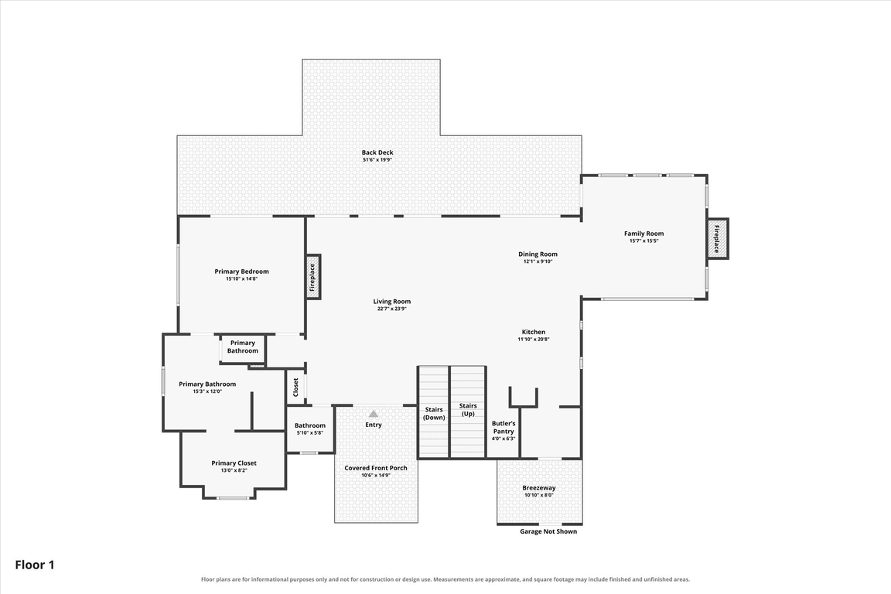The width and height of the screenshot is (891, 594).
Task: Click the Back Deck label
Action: point(377,152)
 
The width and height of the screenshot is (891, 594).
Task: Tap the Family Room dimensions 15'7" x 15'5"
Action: point(643,241)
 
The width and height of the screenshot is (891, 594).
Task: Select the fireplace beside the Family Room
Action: point(717,239)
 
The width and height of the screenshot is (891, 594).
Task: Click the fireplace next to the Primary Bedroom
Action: point(312,277)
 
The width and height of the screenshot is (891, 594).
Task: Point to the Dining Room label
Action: point(538,254)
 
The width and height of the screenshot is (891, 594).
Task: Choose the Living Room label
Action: point(392,302)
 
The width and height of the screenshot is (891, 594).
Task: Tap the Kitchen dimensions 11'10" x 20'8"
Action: point(534,340)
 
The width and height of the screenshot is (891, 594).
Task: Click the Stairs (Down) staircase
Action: point(434,412)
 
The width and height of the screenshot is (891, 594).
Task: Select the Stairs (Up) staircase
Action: point(468,412)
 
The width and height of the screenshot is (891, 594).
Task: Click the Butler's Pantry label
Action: point(504,428)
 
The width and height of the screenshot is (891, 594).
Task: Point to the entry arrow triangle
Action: point(374,414)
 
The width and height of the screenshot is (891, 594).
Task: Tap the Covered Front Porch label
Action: point(376,468)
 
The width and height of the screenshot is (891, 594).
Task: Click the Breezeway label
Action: point(539,488)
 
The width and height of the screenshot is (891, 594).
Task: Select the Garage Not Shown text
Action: point(548,531)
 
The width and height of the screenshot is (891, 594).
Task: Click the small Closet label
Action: point(295,387)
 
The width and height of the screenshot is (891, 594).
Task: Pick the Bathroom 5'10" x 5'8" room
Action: point(309,429)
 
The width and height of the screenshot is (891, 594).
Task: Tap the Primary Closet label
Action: point(234,463)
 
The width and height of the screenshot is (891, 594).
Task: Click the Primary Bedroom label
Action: point(241,271)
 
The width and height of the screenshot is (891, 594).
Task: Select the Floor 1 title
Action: point(35,565)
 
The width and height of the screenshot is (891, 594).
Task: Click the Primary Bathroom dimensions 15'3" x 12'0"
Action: point(207,391)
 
